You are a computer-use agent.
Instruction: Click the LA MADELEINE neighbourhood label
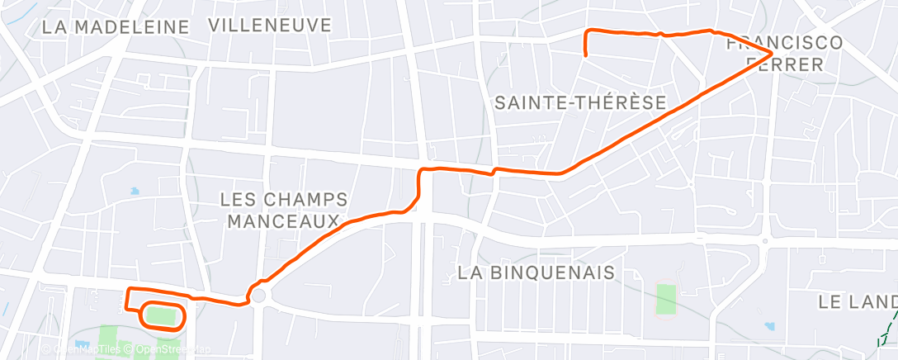click(116, 26)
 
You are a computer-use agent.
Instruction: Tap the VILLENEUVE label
click(270, 25)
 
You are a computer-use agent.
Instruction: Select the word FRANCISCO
click(784, 43)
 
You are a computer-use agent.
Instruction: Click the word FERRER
click(792, 64)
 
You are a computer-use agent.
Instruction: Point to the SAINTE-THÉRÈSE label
click(579, 103)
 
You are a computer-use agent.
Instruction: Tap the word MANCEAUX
click(283, 221)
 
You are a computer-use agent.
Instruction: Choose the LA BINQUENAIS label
click(536, 272)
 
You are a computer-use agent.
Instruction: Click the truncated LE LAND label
click(858, 302)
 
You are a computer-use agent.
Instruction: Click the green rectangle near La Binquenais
click(666, 299)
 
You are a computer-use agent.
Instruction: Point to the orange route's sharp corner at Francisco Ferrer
click(771, 53)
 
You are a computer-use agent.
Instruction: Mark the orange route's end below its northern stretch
click(585, 55)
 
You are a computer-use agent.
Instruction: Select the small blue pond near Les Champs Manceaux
click(135, 192)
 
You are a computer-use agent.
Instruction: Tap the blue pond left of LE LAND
click(770, 326)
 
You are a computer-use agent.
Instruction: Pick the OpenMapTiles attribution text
click(83, 349)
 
